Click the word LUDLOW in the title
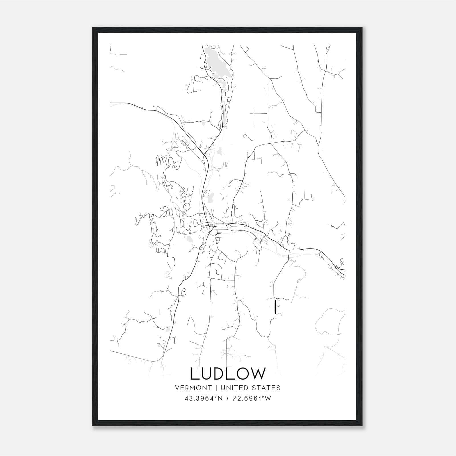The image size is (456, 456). tap(228, 374)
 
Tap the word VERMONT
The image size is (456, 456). tap(193, 388)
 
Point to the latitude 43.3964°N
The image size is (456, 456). tap(203, 398)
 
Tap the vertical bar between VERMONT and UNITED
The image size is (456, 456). tap(216, 388)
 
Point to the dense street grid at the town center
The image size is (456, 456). tap(212, 227)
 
